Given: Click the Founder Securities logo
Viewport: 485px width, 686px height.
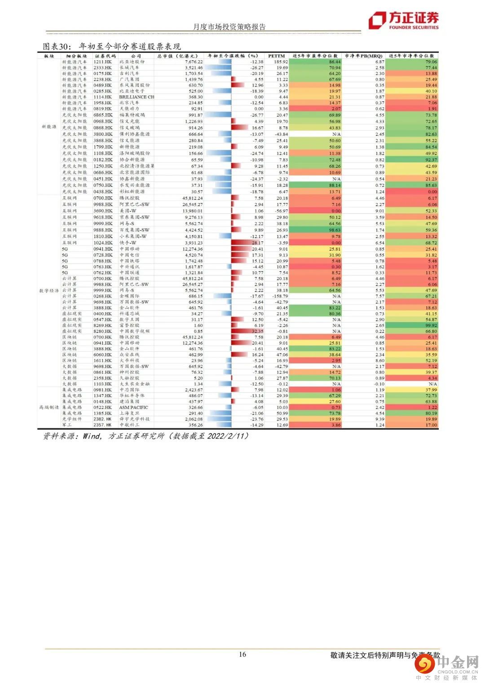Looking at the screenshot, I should point(403,21).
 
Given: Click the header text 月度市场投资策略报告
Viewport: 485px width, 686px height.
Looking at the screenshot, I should point(229,27).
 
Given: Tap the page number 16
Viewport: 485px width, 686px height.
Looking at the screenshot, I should point(242,654).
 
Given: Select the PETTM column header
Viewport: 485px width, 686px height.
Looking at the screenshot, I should point(276,56).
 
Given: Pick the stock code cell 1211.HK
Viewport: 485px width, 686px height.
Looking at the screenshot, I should point(102,62).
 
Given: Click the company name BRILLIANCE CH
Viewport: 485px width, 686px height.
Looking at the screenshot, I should point(137,97).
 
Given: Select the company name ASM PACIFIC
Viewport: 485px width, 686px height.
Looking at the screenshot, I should point(133,407).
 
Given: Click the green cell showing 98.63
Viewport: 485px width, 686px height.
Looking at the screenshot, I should point(335,230).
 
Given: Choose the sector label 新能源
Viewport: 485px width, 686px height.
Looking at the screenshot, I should point(49,127).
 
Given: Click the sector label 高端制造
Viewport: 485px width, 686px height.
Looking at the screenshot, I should point(49,407).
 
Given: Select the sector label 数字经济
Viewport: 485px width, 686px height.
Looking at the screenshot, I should point(49,291).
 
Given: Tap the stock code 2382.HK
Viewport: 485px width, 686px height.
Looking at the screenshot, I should point(102,419).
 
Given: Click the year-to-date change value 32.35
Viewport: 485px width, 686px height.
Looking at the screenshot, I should point(257,331).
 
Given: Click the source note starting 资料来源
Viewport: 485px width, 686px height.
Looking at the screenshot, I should point(146,436).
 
